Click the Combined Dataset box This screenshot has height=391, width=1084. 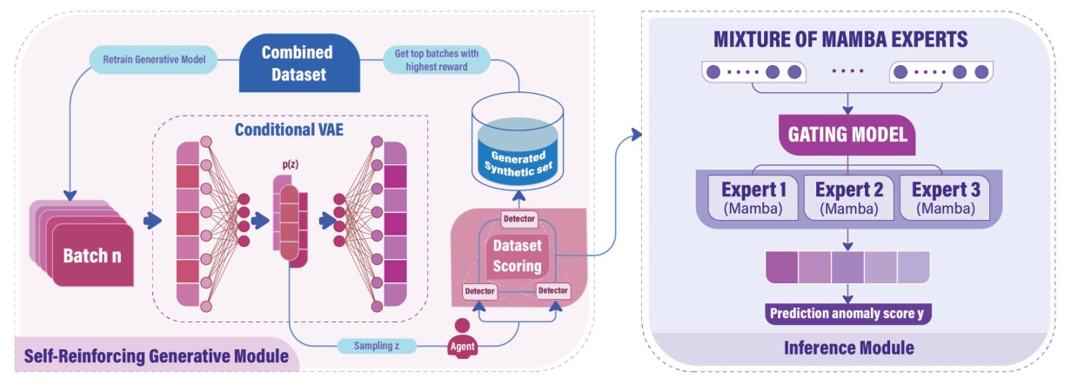[x=298, y=63]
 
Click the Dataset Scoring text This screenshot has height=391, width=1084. [x=518, y=253]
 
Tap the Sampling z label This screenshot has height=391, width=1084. [x=378, y=345]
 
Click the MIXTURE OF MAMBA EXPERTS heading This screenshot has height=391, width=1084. [x=840, y=40]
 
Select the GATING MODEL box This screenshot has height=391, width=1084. [x=848, y=135]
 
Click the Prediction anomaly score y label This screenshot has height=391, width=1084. [x=848, y=313]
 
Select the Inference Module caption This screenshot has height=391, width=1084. [x=849, y=348]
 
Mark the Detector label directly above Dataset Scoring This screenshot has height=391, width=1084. [x=519, y=218]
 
